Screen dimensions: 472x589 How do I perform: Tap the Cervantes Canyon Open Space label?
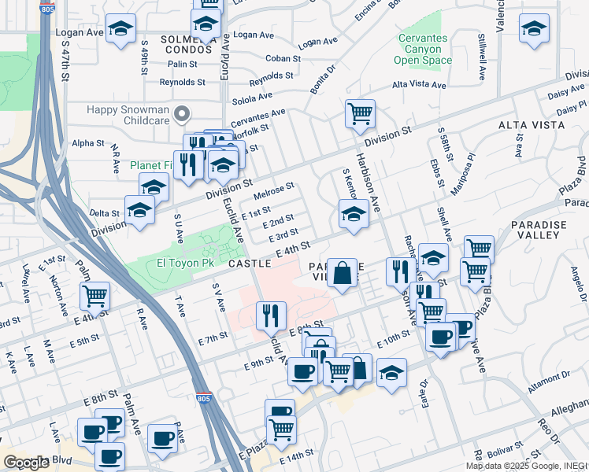422,49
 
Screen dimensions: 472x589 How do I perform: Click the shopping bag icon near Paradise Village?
342,273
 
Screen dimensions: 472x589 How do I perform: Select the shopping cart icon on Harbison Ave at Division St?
360,113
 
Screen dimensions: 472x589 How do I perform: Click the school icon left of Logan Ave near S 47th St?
120,30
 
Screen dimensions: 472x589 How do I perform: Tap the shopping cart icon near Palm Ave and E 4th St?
94,297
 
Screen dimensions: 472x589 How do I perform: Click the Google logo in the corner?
26,462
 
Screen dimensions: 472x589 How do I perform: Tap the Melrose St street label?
274,190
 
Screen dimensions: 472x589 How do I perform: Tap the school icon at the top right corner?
534,28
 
